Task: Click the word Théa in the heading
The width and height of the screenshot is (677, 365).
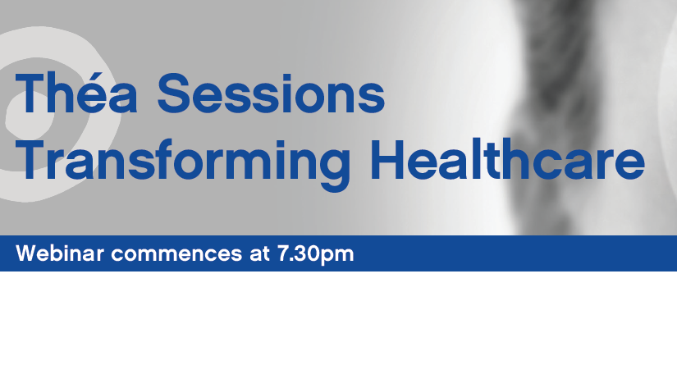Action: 76,93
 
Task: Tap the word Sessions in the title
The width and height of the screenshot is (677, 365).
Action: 271,94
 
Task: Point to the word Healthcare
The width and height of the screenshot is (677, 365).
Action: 507,159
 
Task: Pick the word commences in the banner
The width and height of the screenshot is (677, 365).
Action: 176,254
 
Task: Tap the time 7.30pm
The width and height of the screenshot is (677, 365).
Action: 315,254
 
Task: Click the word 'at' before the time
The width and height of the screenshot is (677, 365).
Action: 259,253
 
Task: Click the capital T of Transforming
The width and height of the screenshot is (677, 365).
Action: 32,159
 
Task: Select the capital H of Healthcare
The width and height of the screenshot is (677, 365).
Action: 387,159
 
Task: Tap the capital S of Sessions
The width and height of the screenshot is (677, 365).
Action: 174,94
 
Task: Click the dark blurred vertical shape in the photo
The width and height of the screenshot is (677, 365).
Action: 557,112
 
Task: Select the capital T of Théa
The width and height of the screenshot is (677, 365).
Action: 32,93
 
